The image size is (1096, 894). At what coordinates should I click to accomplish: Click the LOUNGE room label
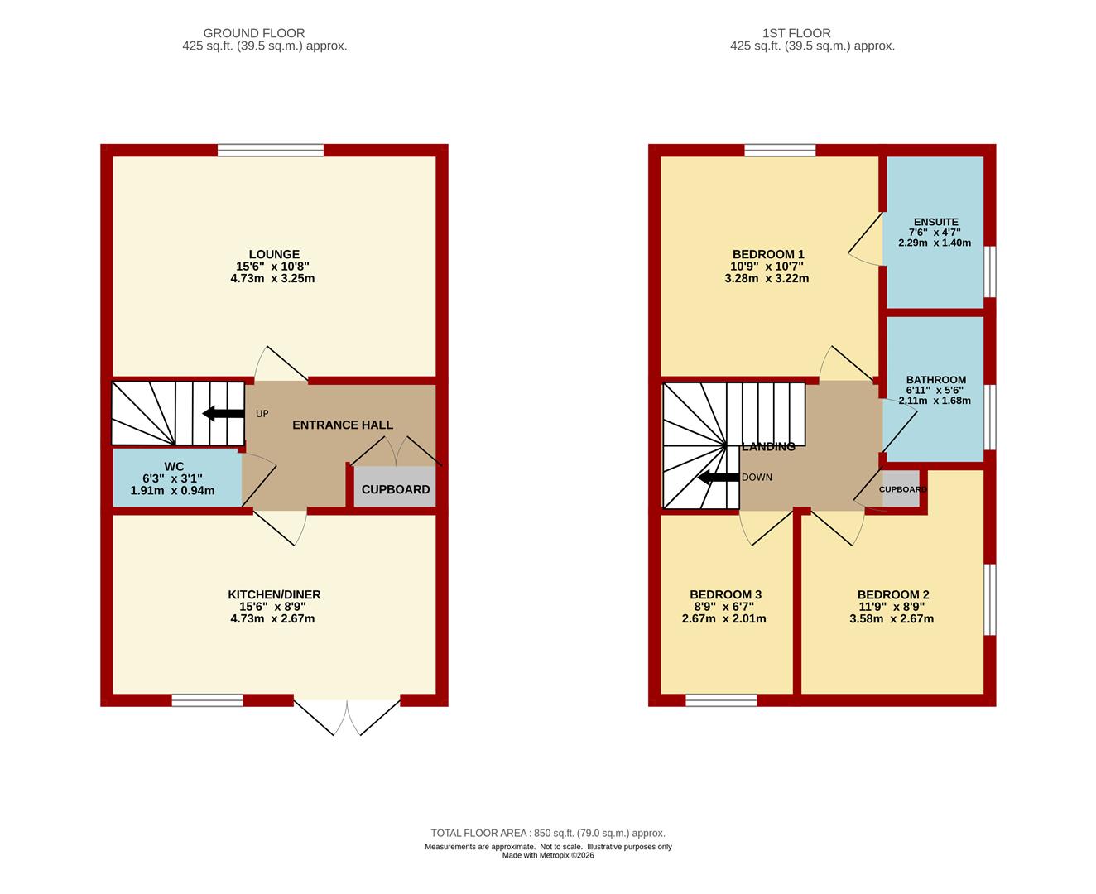(274, 254)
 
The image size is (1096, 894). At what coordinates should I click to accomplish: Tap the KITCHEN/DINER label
(274, 594)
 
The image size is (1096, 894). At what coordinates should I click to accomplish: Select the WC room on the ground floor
(177, 478)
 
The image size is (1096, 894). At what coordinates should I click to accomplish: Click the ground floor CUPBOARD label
(396, 489)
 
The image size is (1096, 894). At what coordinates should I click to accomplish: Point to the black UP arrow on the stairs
(224, 414)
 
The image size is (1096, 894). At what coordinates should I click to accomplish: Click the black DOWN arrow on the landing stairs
(719, 477)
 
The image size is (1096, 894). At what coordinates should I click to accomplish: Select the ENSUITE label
(935, 221)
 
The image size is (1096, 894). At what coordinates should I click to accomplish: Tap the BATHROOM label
(936, 379)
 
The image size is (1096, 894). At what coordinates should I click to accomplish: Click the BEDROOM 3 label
(725, 594)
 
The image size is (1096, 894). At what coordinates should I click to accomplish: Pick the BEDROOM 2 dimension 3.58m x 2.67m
(892, 618)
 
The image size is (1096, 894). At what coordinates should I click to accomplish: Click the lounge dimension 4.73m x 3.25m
(272, 278)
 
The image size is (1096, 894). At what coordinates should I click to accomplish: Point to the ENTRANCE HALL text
(343, 425)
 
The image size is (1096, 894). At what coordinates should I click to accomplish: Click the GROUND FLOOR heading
(253, 33)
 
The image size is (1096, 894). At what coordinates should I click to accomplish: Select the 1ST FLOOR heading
(796, 33)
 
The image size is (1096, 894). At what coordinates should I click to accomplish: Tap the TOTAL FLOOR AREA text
(548, 833)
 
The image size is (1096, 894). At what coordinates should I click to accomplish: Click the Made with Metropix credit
(548, 855)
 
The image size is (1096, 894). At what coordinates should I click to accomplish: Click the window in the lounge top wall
(270, 150)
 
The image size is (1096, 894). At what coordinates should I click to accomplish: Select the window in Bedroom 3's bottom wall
(721, 700)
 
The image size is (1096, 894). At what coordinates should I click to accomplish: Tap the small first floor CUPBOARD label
(902, 489)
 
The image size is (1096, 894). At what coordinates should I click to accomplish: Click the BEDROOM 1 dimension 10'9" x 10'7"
(767, 266)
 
